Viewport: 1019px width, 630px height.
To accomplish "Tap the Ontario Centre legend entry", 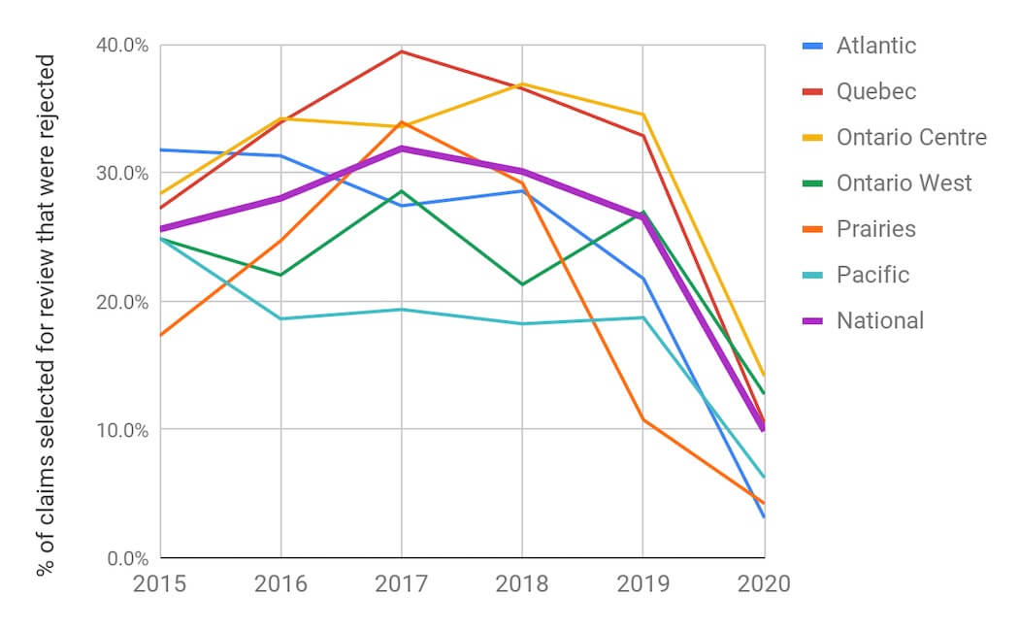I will point(910,137).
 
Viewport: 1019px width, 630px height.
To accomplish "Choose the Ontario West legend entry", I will point(904,182).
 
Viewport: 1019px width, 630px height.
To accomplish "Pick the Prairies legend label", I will point(875,229).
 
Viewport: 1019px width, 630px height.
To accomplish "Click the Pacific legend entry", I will point(872,275).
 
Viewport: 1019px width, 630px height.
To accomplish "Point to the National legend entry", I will point(879,320).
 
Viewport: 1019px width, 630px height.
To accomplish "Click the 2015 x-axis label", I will point(161,583).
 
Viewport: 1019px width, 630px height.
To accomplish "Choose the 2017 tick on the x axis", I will point(401,583).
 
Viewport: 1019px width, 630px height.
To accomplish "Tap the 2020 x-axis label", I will point(763,583).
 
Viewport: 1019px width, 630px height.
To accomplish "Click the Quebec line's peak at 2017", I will point(401,51).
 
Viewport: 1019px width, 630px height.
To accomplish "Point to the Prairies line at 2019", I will point(642,419).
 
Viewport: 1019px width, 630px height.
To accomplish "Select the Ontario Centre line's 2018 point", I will point(522,83).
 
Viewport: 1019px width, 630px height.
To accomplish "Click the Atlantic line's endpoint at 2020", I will point(764,516).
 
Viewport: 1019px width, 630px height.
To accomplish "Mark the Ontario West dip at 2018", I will point(522,284).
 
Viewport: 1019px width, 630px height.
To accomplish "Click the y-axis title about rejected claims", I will point(46,315).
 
